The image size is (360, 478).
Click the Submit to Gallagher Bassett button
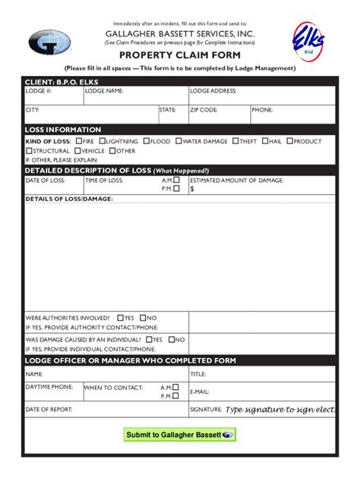(180, 435)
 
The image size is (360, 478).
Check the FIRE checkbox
(78, 141)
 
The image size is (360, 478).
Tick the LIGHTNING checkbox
(103, 141)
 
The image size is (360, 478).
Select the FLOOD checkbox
(146, 141)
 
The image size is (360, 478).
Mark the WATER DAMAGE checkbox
(178, 141)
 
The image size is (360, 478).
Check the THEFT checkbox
(235, 141)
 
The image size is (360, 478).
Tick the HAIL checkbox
(264, 141)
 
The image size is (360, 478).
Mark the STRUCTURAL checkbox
(28, 151)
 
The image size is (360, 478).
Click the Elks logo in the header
(310, 39)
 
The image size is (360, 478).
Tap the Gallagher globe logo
(50, 42)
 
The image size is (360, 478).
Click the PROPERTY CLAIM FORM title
(180, 55)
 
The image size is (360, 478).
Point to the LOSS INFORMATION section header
(63, 130)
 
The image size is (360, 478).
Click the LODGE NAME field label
(103, 91)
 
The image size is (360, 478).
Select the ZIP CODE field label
(204, 110)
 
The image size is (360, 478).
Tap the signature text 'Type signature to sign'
(279, 410)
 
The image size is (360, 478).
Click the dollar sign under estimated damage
(192, 189)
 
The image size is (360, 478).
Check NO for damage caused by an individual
(172, 340)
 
